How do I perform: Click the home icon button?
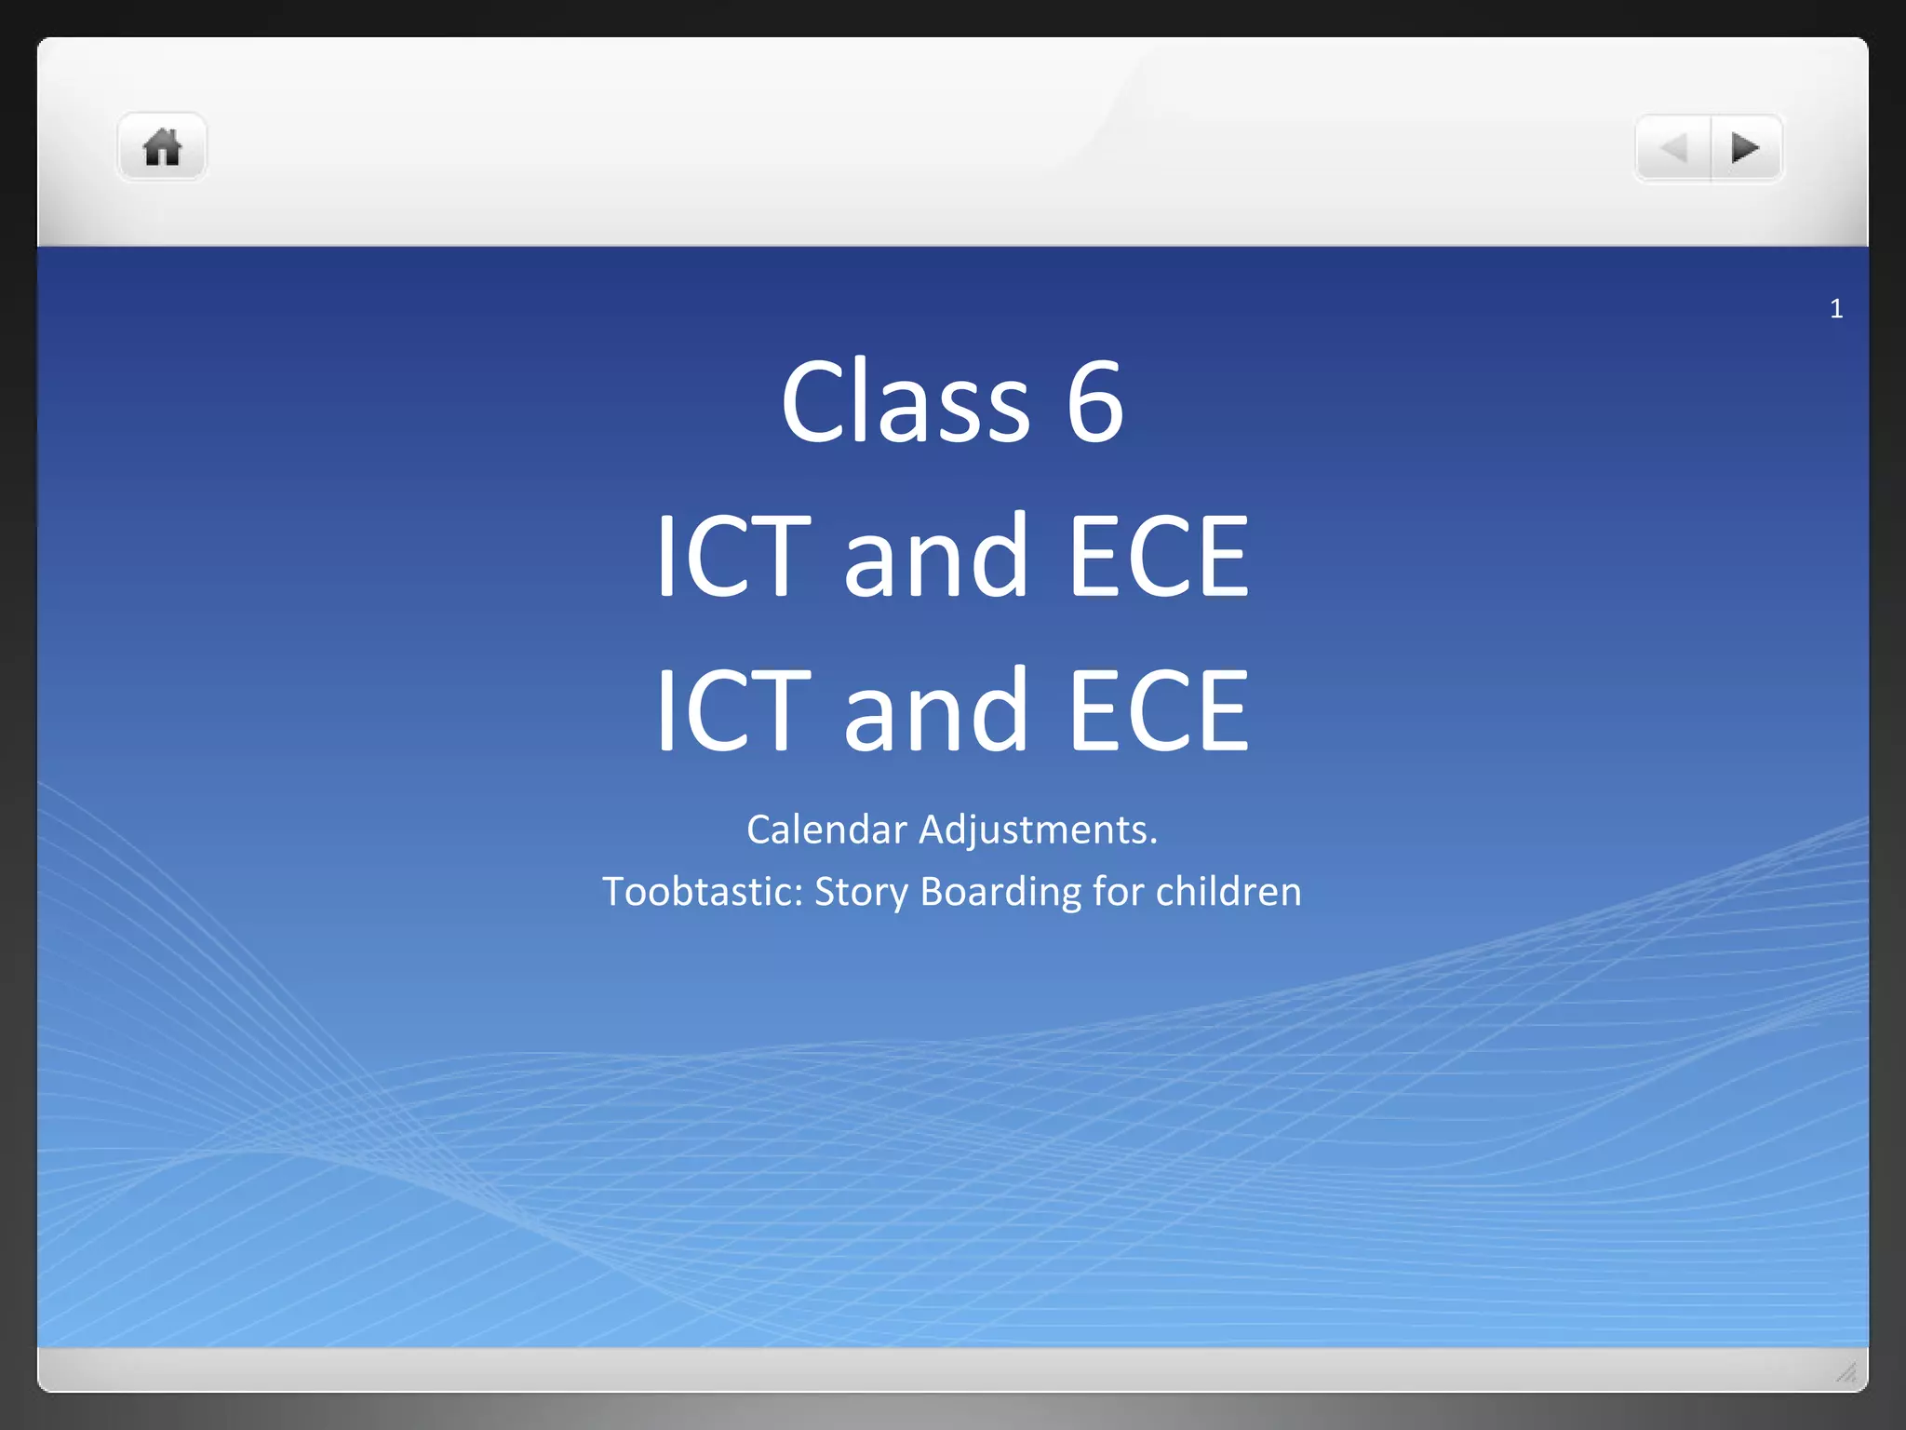click(x=162, y=147)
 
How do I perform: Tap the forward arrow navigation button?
click(x=1746, y=147)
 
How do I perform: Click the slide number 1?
click(x=1836, y=309)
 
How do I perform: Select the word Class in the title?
click(x=905, y=402)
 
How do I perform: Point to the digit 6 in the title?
click(x=1095, y=402)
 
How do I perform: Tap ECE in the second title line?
click(x=1158, y=557)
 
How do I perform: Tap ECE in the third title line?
click(x=1158, y=711)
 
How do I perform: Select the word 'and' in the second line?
click(x=935, y=557)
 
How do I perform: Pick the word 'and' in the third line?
click(x=935, y=711)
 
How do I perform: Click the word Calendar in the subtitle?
click(x=826, y=830)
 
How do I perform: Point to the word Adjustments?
click(x=1038, y=830)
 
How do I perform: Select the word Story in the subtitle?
click(x=861, y=892)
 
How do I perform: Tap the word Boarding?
click(x=1000, y=892)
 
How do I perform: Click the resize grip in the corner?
click(x=1846, y=1371)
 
